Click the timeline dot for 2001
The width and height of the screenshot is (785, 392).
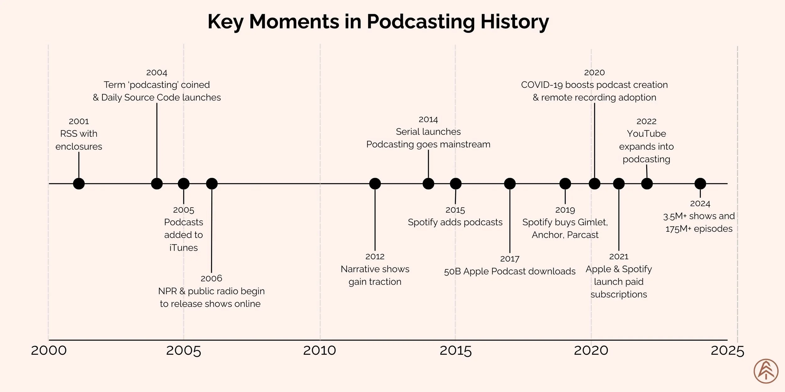(79, 183)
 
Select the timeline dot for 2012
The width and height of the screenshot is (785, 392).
(375, 183)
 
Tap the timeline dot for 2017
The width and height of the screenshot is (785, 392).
(510, 183)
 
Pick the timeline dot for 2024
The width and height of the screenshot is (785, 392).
(700, 183)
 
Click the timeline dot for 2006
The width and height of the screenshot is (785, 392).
(212, 183)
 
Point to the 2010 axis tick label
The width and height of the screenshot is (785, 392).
(320, 351)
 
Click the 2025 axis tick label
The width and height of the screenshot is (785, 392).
(727, 351)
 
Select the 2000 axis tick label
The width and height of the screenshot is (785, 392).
(49, 351)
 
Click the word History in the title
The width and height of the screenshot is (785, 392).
(515, 22)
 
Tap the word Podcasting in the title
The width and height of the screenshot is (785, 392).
(421, 22)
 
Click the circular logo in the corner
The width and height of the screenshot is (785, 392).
(766, 371)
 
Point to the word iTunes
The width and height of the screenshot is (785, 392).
(184, 248)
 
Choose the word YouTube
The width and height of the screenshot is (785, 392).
(647, 134)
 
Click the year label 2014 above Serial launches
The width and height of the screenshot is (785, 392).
(428, 119)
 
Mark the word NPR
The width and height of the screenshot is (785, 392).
(167, 291)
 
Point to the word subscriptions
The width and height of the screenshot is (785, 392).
(619, 295)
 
